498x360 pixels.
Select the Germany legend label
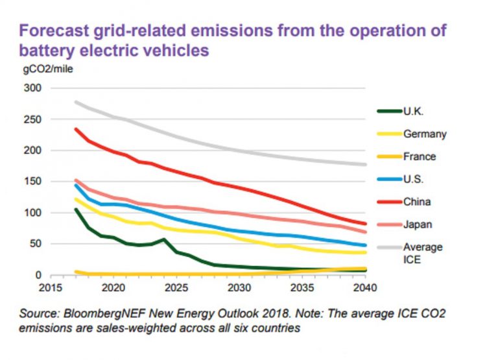425,134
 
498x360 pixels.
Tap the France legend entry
420,156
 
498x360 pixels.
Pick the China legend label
417,202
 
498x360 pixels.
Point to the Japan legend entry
418,224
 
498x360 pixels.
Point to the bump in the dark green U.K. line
164,239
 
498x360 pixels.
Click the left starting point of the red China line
77,129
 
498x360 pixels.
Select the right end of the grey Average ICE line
365,164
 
